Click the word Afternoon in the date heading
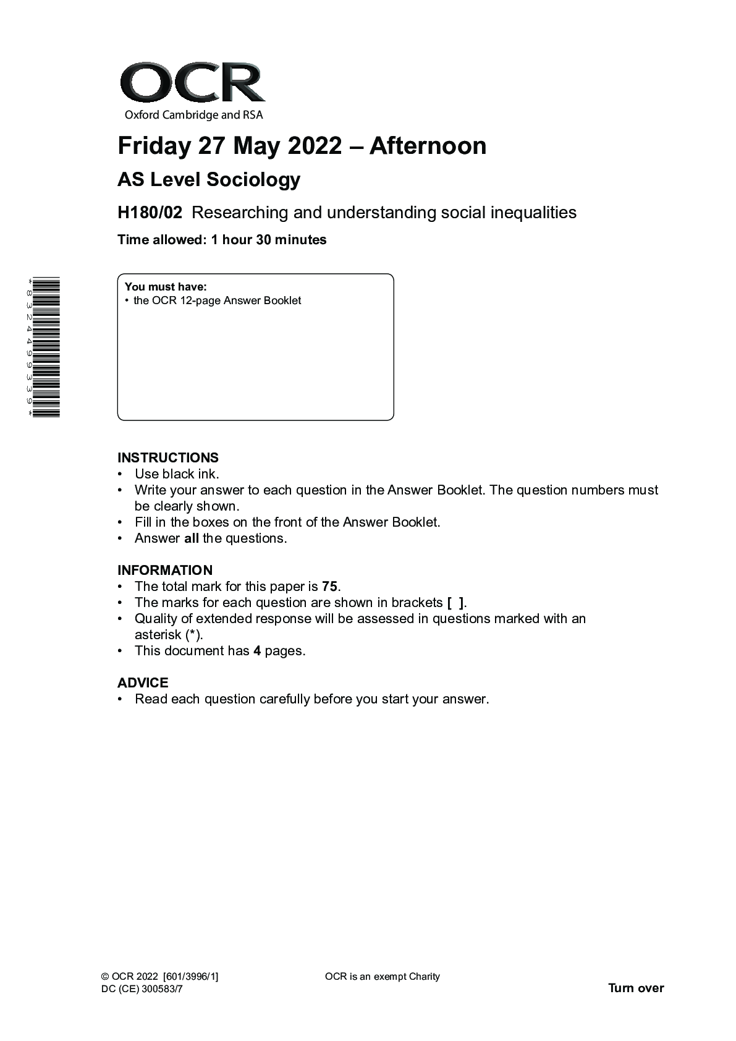coord(428,146)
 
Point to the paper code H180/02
coord(150,213)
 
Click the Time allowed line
coord(222,240)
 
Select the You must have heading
coord(166,287)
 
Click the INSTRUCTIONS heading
coord(168,458)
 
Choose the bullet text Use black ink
coord(177,474)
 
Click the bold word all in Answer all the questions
coord(192,538)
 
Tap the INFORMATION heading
coord(165,571)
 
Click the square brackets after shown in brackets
coord(455,603)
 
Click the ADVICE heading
coord(143,683)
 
